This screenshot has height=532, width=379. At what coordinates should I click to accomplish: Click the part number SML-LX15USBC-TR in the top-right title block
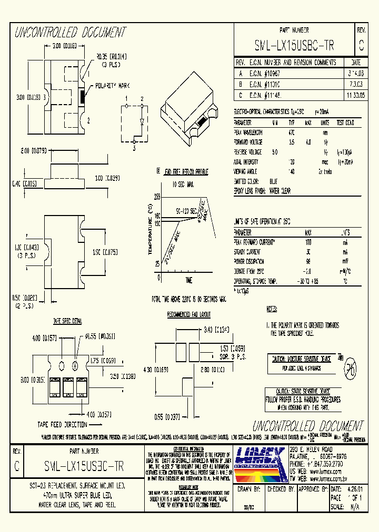pos(294,46)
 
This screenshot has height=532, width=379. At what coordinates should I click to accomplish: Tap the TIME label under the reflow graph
pos(188,280)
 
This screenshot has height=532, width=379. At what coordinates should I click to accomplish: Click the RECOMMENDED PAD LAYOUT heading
pos(188,314)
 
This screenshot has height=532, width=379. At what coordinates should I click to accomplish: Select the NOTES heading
pos(272,309)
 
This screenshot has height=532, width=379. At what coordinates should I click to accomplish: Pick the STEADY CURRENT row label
pos(247,251)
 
